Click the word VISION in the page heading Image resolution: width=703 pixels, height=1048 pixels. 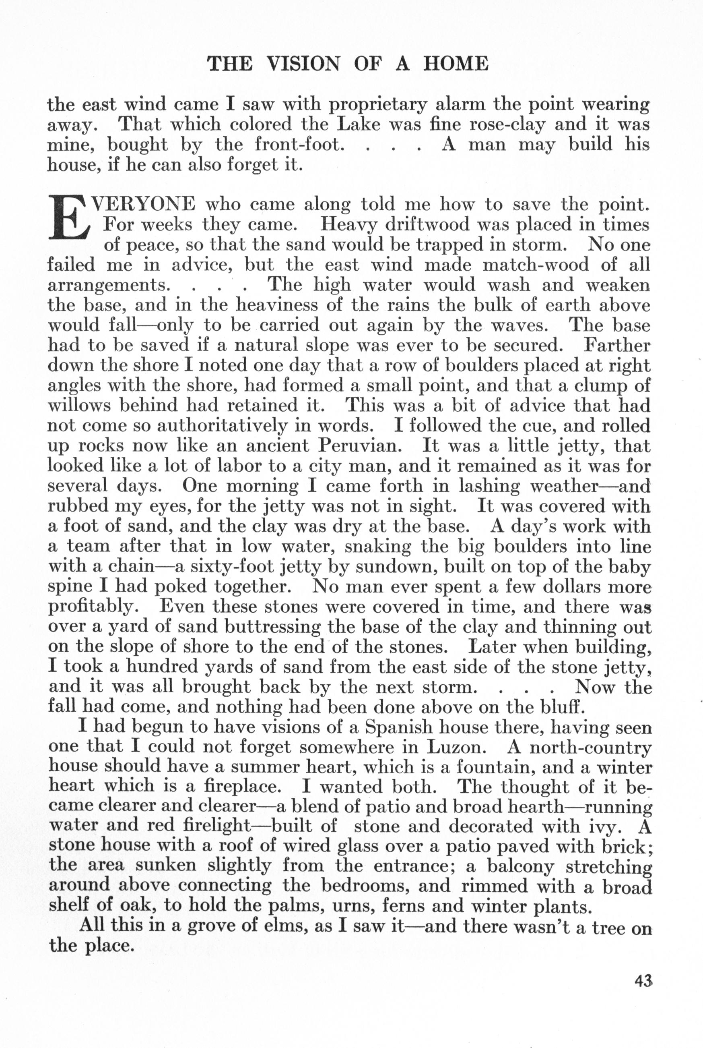point(303,64)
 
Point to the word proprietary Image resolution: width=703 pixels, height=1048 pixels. point(377,105)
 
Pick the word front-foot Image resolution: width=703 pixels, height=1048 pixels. point(299,145)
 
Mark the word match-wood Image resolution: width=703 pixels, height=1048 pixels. point(535,265)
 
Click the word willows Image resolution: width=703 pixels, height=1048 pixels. point(79,406)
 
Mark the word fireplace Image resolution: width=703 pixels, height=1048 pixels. point(243,787)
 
